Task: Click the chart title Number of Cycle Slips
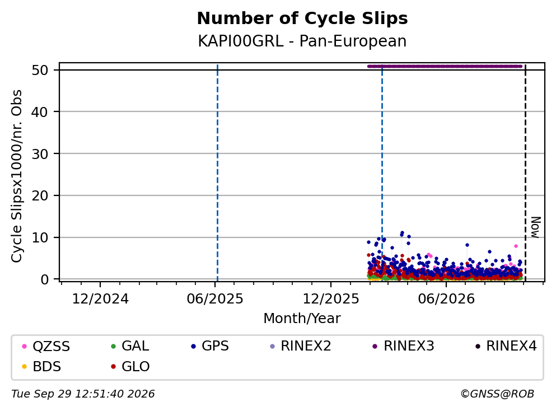click(x=302, y=18)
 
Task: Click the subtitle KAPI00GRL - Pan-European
click(x=302, y=41)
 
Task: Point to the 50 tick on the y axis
click(x=40, y=70)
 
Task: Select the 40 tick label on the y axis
click(x=40, y=112)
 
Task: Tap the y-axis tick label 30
click(x=40, y=154)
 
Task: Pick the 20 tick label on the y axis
click(x=40, y=196)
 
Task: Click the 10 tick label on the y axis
click(x=40, y=237)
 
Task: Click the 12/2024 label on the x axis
click(x=100, y=299)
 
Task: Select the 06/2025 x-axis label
click(x=215, y=299)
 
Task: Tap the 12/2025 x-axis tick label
click(x=331, y=299)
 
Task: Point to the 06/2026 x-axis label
click(x=446, y=299)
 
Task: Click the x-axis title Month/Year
click(x=302, y=319)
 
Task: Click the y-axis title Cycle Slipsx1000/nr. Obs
click(x=17, y=176)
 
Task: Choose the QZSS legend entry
click(x=46, y=346)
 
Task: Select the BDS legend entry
click(x=41, y=367)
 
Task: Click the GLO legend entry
click(x=130, y=367)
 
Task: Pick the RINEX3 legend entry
click(x=404, y=346)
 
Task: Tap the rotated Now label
click(x=535, y=227)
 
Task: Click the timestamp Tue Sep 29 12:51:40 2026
click(x=83, y=394)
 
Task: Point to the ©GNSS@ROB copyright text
click(x=497, y=394)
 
